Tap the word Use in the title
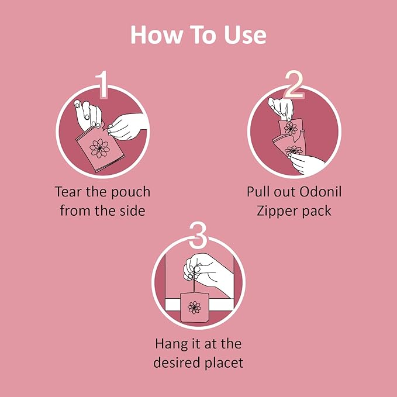pyautogui.click(x=240, y=35)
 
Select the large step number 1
pyautogui.click(x=103, y=85)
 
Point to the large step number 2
pyautogui.click(x=294, y=85)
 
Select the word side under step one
pyautogui.click(x=130, y=210)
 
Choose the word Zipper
pyautogui.click(x=278, y=210)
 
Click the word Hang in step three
pyautogui.click(x=171, y=343)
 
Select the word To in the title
pyautogui.click(x=199, y=35)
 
